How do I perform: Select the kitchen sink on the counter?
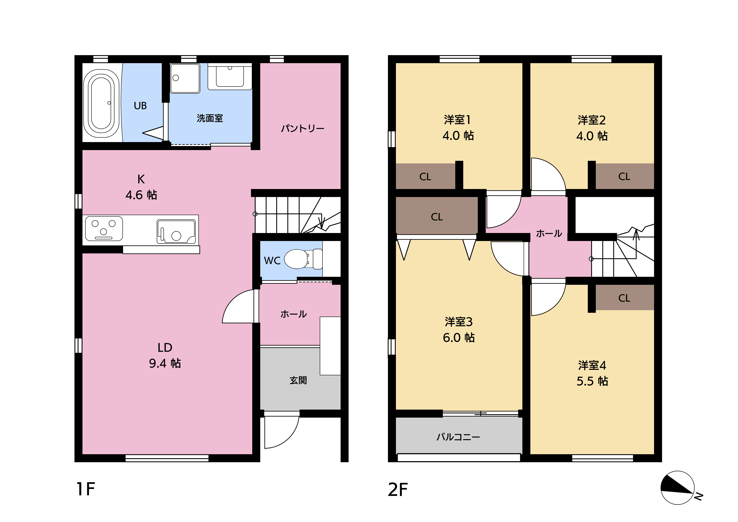click(x=176, y=232)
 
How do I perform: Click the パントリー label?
click(x=303, y=129)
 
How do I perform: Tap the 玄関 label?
click(x=298, y=380)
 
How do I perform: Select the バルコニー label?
click(x=458, y=437)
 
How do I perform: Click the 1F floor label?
click(x=86, y=489)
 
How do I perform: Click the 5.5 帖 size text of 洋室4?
click(x=592, y=381)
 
